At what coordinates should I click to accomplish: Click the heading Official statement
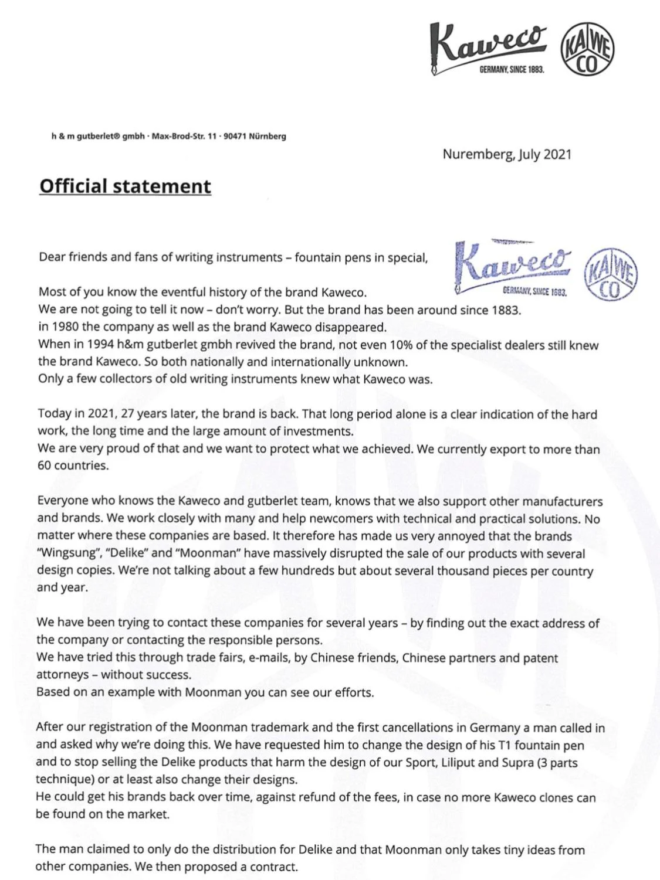pos(125,186)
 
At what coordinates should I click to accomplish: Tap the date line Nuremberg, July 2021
pos(506,154)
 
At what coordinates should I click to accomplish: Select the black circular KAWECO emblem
pos(587,51)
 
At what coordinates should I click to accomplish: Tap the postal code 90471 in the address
pos(234,137)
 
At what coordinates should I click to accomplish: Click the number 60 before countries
pos(45,466)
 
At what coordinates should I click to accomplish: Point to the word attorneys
pos(62,675)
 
